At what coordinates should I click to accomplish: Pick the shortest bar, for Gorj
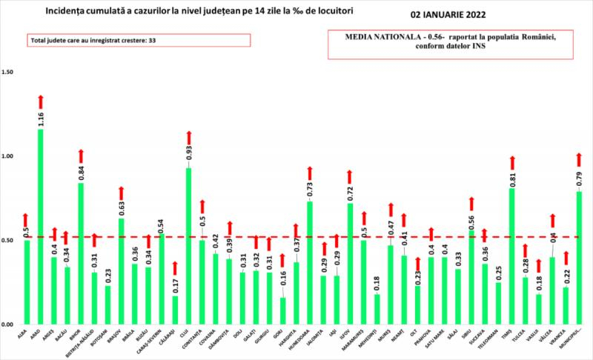coord(282,311)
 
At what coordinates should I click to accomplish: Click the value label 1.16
coord(40,119)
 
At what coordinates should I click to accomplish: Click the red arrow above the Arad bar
coord(41,101)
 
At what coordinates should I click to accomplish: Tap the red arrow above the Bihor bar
coord(81,156)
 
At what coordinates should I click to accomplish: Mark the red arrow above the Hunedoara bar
coord(310,174)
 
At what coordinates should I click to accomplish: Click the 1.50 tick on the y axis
coord(9,73)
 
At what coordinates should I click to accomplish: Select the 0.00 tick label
coord(9,325)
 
